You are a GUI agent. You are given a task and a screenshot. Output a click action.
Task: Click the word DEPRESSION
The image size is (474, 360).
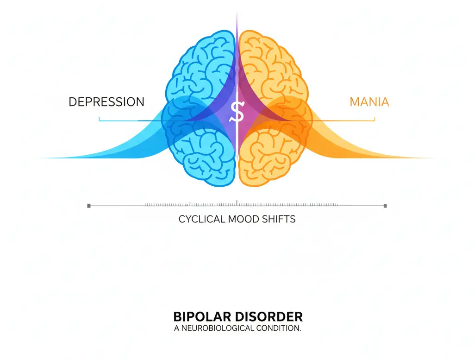106,101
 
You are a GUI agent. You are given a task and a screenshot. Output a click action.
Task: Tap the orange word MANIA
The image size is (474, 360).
369,101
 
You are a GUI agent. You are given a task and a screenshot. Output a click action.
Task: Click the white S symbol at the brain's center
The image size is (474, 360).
237,112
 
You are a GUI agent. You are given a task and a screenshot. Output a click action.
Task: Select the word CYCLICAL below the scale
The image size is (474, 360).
202,219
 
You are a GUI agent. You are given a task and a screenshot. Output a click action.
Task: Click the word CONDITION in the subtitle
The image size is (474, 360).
277,328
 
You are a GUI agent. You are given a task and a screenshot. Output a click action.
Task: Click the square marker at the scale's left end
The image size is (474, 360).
89,205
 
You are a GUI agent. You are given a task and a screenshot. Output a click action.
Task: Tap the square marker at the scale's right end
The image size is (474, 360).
385,205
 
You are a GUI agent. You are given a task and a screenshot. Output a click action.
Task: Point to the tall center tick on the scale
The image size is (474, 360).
237,202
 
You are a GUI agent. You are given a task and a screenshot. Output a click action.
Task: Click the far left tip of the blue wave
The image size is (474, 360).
42,158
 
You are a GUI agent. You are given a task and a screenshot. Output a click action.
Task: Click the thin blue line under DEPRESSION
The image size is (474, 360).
116,121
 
